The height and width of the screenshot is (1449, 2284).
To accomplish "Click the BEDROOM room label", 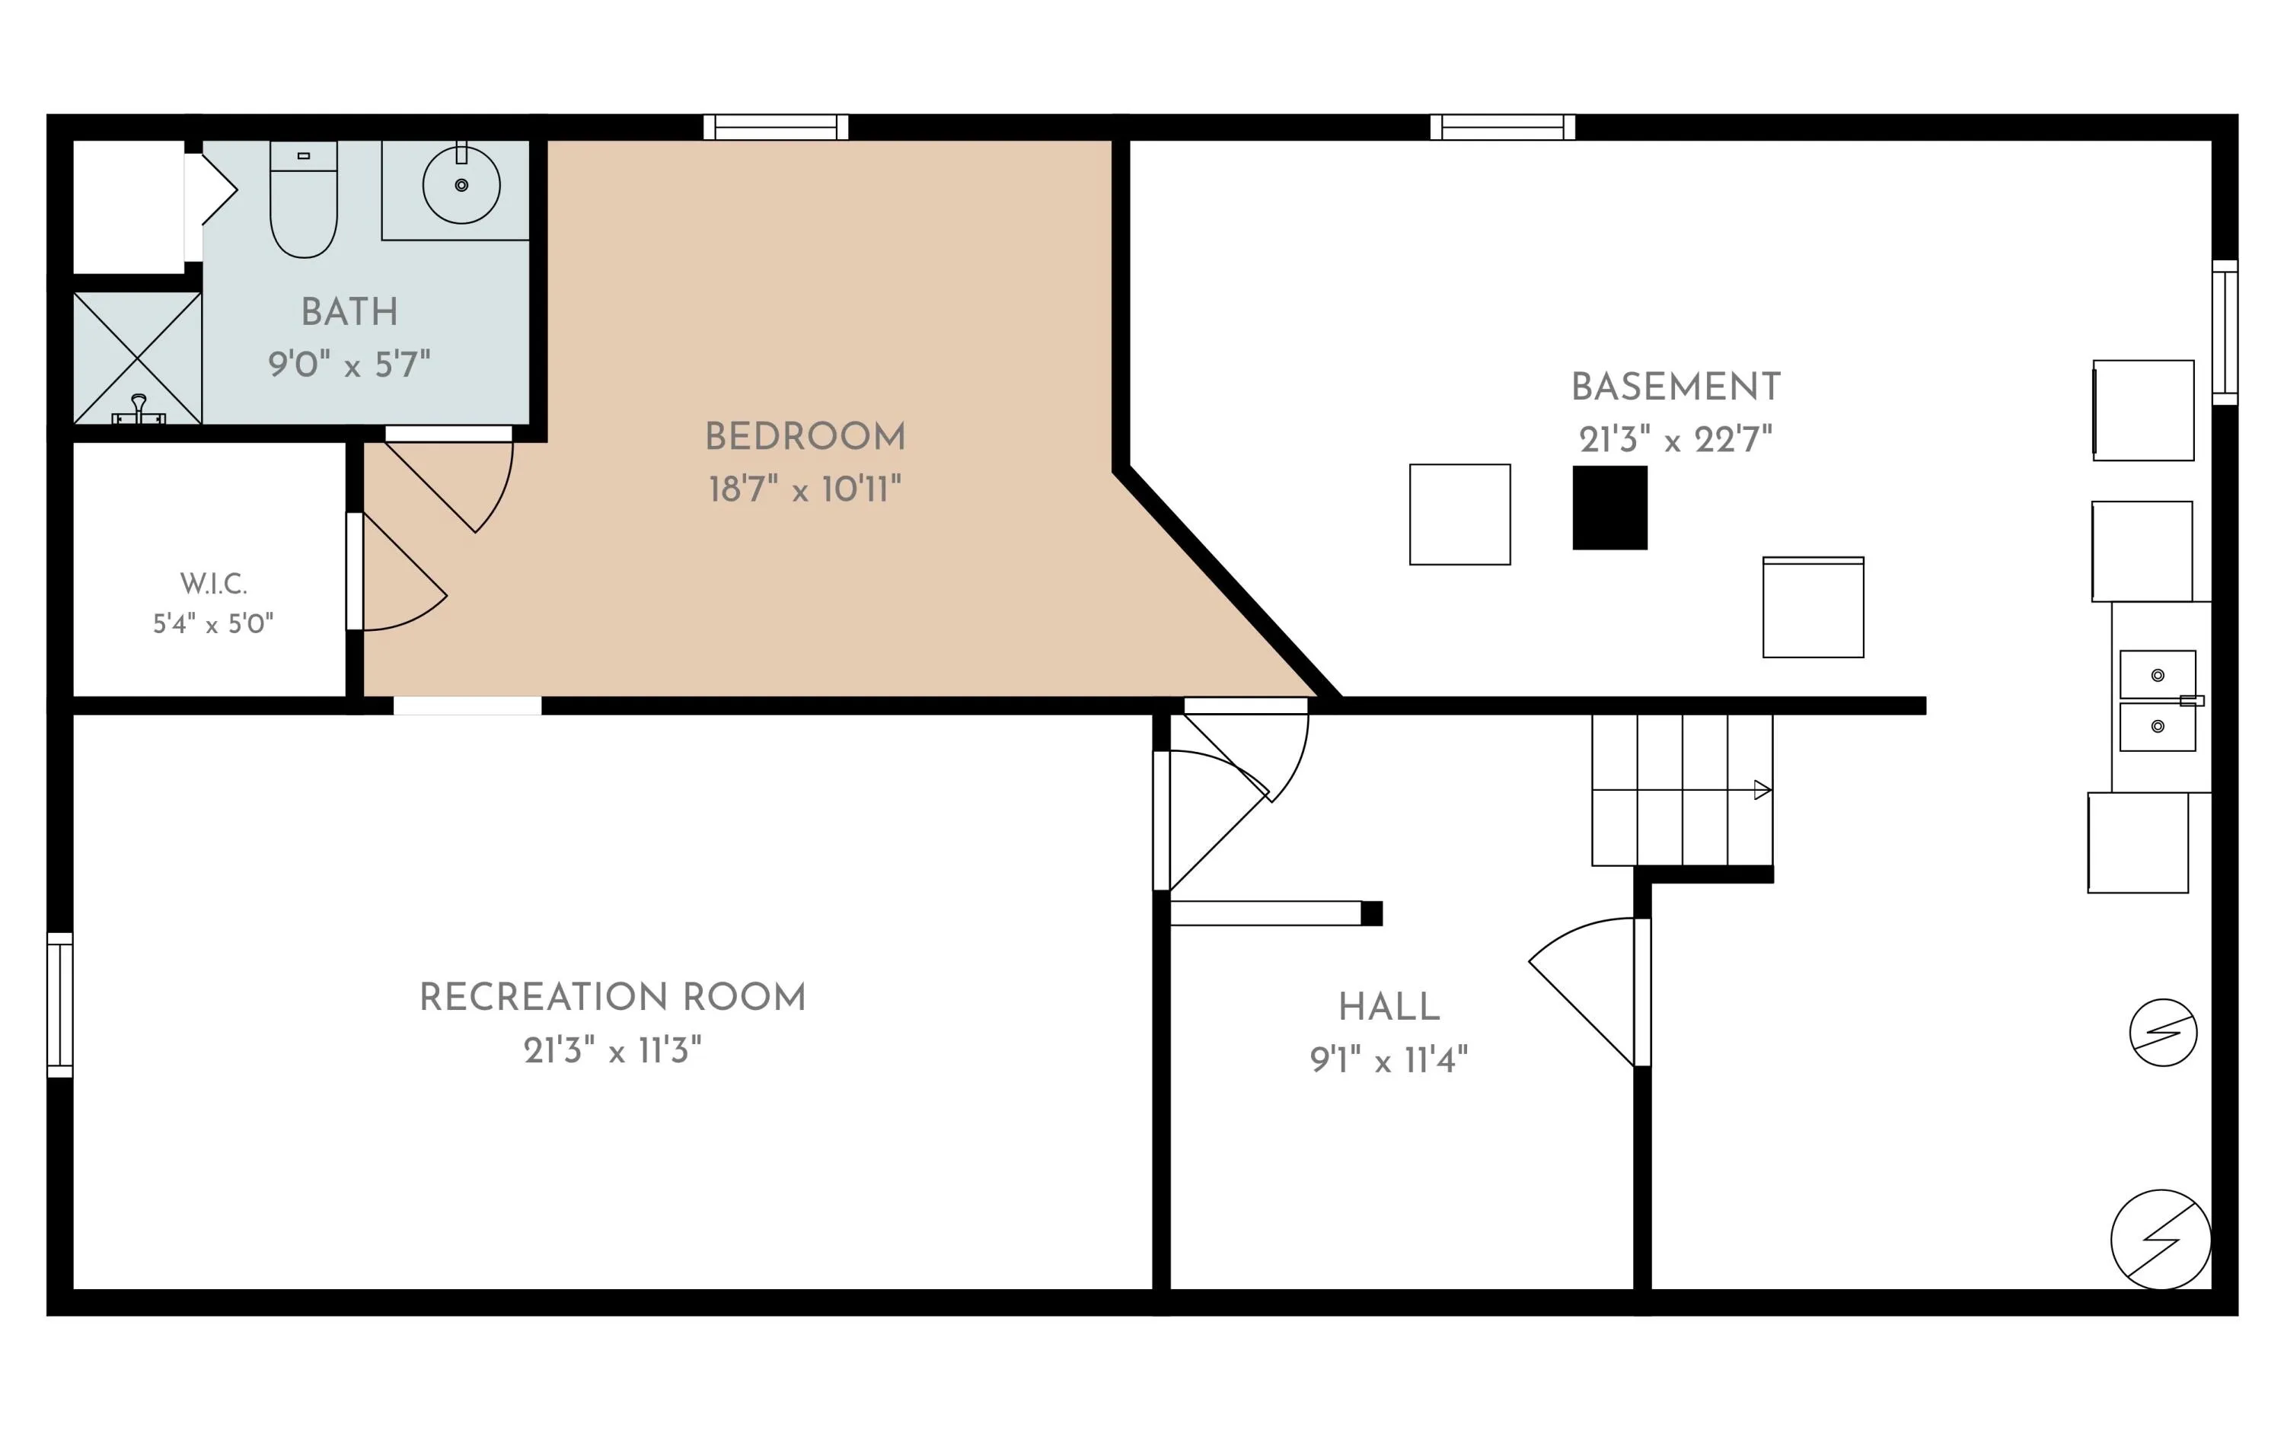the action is (805, 437).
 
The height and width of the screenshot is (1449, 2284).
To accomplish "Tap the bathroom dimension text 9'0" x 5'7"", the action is (349, 364).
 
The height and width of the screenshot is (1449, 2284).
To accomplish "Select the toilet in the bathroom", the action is (304, 199).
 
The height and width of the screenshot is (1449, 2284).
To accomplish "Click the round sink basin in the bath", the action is (462, 185).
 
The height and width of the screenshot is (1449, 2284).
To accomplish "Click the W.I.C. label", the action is (213, 583).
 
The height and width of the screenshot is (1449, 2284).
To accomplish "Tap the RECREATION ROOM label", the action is (613, 998).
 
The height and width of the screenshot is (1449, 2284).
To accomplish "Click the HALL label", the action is (1389, 1007).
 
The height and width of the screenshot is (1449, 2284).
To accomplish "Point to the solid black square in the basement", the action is (1609, 508).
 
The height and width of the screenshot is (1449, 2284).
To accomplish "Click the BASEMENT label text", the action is (1676, 387).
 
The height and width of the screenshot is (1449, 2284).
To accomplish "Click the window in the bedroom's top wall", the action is (776, 127).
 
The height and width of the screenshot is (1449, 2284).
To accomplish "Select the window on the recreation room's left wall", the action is (59, 1005).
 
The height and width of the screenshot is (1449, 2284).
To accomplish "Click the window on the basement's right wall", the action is (2225, 332).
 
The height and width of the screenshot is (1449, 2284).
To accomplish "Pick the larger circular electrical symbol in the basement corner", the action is (2161, 1240).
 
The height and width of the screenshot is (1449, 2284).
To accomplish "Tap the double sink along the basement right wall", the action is (2158, 701).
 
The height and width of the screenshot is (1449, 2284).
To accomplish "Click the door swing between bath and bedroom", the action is (448, 479).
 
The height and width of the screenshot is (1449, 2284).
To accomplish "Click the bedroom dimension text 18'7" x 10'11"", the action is (805, 489).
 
